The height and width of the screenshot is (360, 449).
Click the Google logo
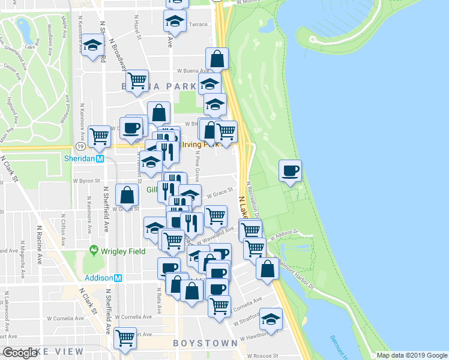(20, 353)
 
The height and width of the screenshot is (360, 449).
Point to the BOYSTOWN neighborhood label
(205, 343)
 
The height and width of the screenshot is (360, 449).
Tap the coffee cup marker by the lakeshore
(290, 170)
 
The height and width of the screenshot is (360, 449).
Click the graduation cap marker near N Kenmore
(92, 46)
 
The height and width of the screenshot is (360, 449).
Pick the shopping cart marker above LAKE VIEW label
(125, 338)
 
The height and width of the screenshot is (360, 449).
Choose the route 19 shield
(80, 146)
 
